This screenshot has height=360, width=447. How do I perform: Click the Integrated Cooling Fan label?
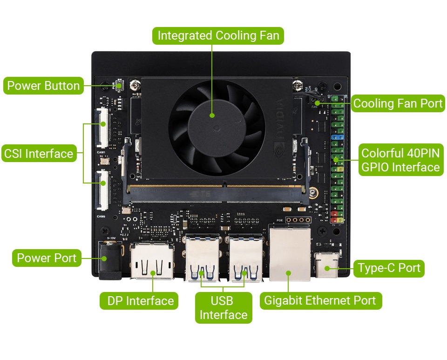tap(218, 36)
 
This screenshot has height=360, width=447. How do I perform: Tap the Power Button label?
tap(43, 86)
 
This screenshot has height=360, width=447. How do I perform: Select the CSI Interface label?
tap(39, 153)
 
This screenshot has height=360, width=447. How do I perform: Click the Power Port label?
tap(47, 258)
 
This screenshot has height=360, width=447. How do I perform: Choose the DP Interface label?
tap(139, 301)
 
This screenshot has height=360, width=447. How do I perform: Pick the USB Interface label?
tap(223, 308)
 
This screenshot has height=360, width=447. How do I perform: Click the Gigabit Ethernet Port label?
tap(321, 301)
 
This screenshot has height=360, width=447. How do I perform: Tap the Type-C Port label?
tap(389, 268)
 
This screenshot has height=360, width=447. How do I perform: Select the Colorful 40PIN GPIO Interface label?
tap(401, 160)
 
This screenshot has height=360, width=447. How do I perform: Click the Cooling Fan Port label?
tap(398, 103)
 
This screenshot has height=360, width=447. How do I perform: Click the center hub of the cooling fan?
tap(217, 128)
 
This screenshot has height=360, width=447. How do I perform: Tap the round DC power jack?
tap(110, 260)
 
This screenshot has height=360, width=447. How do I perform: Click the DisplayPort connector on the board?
tap(152, 261)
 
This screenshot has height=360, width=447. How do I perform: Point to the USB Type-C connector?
tap(327, 265)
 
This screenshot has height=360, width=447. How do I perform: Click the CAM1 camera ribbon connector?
tap(103, 128)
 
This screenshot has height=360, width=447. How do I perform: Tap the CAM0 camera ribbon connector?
tap(103, 190)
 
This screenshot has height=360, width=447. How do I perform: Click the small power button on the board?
tap(120, 85)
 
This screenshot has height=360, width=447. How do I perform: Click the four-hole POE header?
tap(298, 220)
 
